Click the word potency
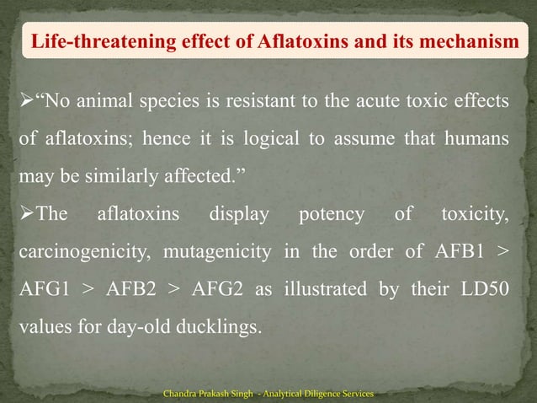click(332, 215)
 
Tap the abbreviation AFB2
click(134, 290)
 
